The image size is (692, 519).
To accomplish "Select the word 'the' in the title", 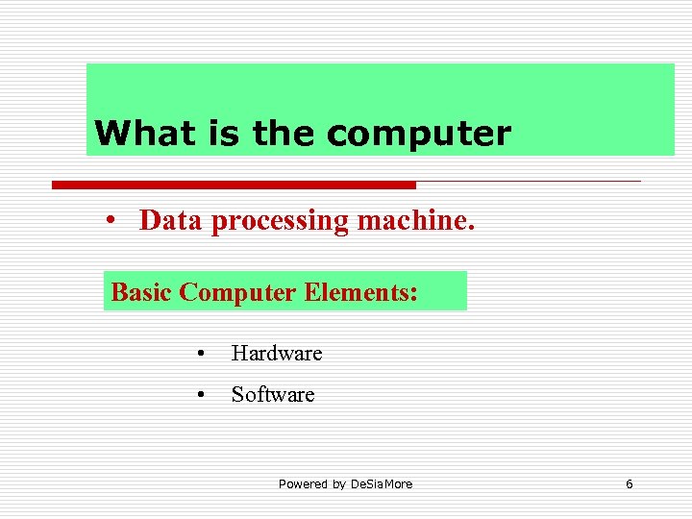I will [284, 133].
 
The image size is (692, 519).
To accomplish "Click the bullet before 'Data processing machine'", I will [112, 222].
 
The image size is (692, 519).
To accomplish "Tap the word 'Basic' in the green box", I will [141, 291].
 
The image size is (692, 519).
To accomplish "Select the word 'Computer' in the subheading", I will [238, 292].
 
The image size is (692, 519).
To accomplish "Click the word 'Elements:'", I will [360, 291].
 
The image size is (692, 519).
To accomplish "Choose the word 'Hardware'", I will [277, 354].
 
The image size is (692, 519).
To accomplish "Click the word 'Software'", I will [273, 394].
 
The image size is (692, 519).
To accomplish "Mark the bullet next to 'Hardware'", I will [199, 355].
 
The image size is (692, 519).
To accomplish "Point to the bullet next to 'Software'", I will [199, 395].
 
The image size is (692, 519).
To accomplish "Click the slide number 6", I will [630, 483].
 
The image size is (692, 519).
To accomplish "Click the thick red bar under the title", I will [234, 185].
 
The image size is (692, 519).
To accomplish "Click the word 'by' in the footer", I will [338, 484].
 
